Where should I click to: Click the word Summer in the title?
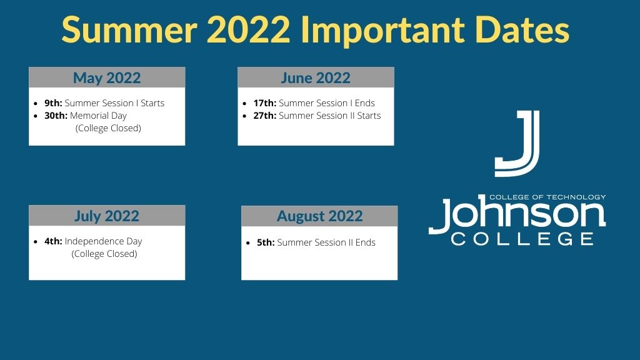[130, 29]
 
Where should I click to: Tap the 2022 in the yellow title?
[249, 29]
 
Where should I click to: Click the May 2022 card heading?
[107, 78]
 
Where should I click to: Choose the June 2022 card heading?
[316, 78]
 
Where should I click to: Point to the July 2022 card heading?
[107, 216]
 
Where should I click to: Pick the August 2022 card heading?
[319, 216]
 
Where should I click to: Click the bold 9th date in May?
[54, 103]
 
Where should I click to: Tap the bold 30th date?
[56, 116]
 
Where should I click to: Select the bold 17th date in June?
[265, 103]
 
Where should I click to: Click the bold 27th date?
[265, 116]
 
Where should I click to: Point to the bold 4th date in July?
[54, 241]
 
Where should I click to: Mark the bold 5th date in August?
[266, 242]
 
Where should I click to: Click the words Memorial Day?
[98, 116]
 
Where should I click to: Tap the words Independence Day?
[103, 242]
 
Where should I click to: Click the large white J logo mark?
[517, 143]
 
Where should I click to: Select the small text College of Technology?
[547, 197]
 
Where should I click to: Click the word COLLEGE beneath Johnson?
[522, 239]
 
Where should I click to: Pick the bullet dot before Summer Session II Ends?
[247, 243]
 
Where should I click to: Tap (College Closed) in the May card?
[108, 128]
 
